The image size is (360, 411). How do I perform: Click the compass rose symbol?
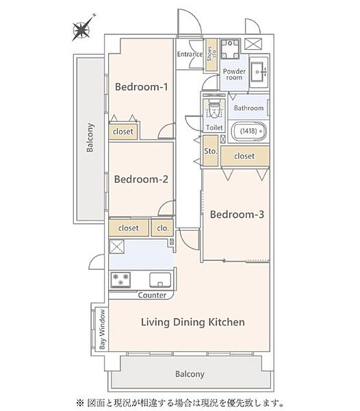click(81, 29)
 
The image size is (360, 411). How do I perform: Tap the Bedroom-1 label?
click(142, 87)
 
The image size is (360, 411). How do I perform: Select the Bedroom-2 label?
click(141, 179)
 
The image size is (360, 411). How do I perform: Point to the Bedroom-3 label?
click(237, 214)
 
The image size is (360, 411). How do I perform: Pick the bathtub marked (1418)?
click(249, 131)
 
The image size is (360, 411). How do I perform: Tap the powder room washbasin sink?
click(259, 72)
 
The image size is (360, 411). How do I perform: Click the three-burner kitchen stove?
click(120, 279)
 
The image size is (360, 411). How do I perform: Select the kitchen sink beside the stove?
click(160, 279)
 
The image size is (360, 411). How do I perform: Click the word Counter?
click(152, 295)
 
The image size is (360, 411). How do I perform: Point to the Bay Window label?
click(103, 329)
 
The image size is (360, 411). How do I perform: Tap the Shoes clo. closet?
click(211, 55)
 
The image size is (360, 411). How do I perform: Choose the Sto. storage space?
click(211, 151)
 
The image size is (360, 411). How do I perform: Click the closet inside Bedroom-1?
click(123, 132)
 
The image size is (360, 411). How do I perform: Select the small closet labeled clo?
click(162, 228)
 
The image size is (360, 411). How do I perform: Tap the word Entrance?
click(190, 54)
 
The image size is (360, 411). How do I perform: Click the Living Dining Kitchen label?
click(193, 322)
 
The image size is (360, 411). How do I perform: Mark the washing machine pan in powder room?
click(230, 49)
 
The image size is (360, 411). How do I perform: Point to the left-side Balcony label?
click(90, 138)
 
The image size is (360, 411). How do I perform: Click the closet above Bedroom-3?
click(245, 156)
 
